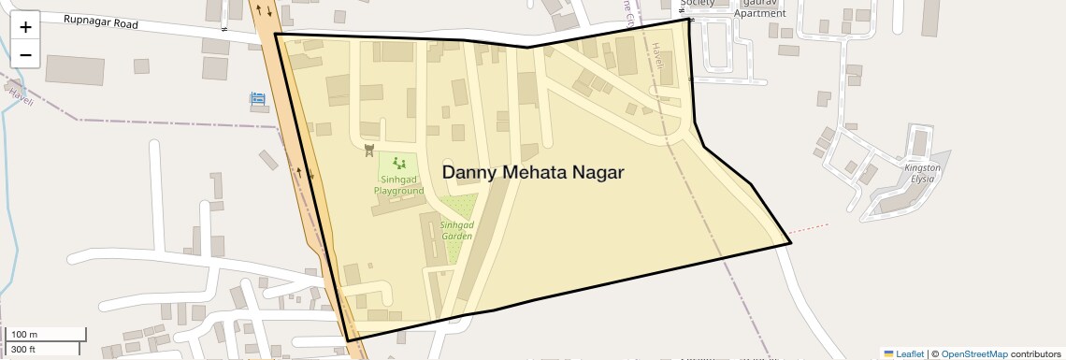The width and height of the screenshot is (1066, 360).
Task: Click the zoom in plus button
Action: click(25, 27)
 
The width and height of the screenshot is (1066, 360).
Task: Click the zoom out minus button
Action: click(25, 54)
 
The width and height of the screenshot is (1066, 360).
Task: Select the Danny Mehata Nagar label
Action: click(532, 173)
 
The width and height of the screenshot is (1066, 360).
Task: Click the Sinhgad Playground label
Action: click(399, 184)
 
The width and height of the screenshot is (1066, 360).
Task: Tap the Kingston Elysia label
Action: click(922, 172)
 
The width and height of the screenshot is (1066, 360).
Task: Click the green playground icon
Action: click(399, 163)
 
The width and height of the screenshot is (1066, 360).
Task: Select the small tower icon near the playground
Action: click(368, 150)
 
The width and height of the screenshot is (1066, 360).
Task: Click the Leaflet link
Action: click(904, 353)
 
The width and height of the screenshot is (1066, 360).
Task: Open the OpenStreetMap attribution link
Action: click(974, 353)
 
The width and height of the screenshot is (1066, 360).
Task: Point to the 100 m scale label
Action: click(24, 335)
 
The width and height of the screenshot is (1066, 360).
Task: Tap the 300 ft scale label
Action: click(24, 350)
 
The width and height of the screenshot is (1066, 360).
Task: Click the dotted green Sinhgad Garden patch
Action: click(458, 206)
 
